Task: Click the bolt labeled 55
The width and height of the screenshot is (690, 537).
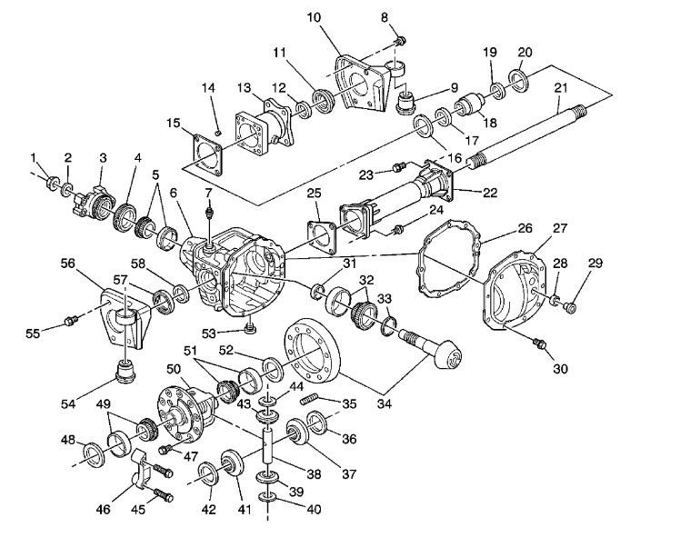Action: tap(71, 321)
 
